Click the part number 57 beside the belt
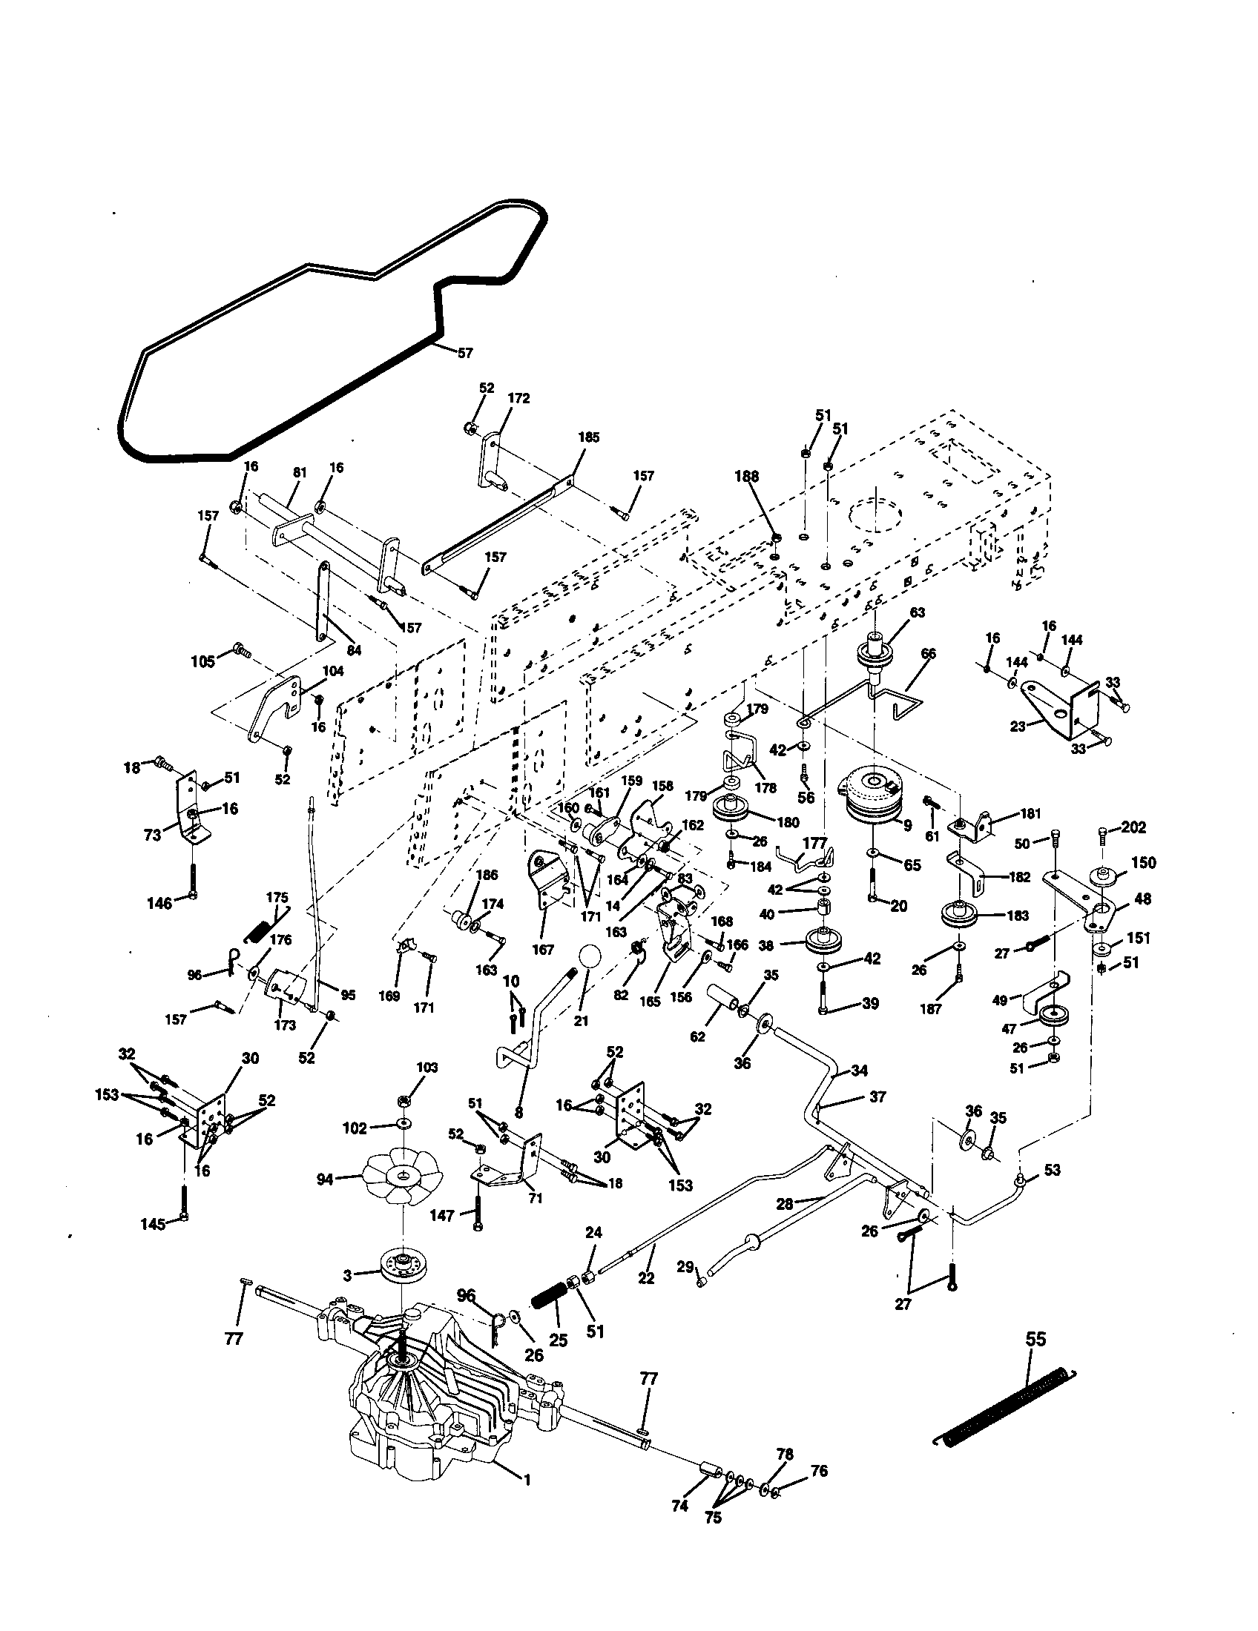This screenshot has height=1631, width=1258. click(x=464, y=353)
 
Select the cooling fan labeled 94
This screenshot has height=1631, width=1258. click(x=402, y=1179)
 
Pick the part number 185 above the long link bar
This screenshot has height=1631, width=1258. click(x=589, y=437)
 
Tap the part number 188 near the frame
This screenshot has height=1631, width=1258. click(x=746, y=477)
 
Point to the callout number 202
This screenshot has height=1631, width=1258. click(x=1133, y=827)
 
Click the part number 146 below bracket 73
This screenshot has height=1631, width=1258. click(x=159, y=903)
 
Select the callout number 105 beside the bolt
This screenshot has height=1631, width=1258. click(x=202, y=661)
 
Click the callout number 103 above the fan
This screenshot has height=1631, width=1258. click(x=427, y=1068)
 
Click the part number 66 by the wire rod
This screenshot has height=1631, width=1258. click(x=928, y=654)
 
